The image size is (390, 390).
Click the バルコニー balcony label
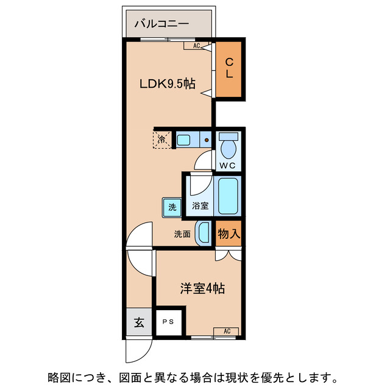pyautogui.click(x=161, y=24)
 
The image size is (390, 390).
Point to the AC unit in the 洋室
pyautogui.click(x=226, y=331)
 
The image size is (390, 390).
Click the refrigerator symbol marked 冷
pyautogui.click(x=162, y=140)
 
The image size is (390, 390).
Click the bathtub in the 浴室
pyautogui.click(x=229, y=196)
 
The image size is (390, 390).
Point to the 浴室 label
pyautogui.click(x=200, y=206)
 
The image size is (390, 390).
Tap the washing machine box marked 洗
pyautogui.click(x=172, y=207)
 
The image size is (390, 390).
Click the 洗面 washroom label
pyautogui.click(x=182, y=233)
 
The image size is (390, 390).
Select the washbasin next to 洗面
pyautogui.click(x=204, y=233)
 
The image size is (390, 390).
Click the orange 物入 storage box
pyautogui.click(x=229, y=233)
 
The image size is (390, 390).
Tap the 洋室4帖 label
pyautogui.click(x=202, y=288)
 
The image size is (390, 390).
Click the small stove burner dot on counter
pyautogui.click(x=207, y=140)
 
